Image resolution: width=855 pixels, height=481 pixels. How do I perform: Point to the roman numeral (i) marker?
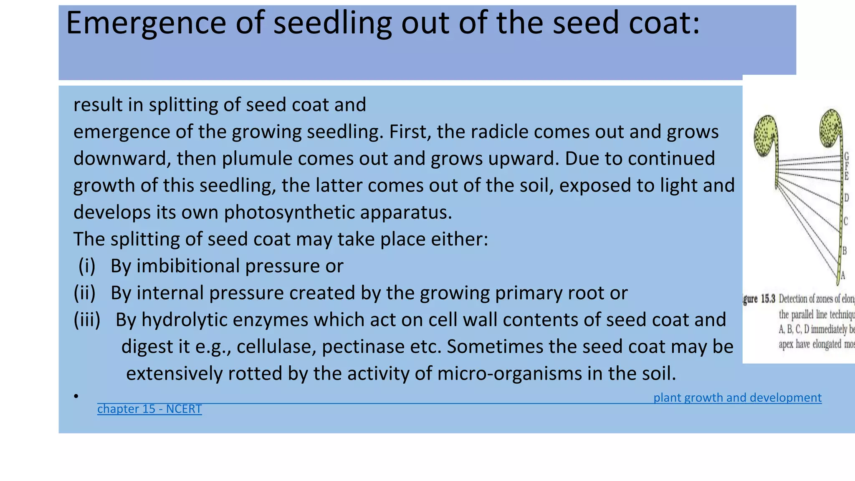87,266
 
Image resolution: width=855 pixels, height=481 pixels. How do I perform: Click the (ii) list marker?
85,293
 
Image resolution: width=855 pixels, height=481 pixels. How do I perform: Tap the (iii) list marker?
87,320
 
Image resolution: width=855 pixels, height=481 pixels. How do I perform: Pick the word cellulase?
273,347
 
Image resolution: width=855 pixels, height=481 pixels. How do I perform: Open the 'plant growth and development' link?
737,397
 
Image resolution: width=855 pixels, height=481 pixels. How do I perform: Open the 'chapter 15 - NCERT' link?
149,409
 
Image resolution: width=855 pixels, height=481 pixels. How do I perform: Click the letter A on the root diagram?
843,275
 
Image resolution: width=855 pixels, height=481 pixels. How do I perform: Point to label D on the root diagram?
846,197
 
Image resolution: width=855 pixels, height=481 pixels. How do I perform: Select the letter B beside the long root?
844,251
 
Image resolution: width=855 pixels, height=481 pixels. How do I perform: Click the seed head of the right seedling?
831,127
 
